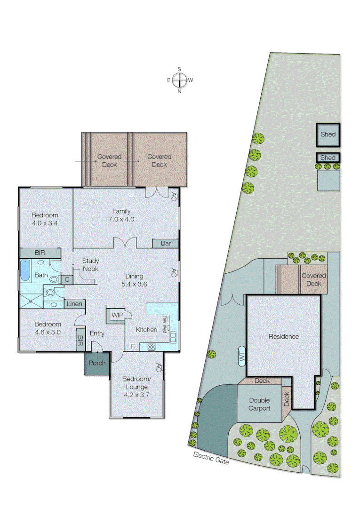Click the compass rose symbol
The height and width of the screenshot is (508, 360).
tap(179, 80)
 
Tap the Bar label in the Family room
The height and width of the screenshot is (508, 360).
tap(166, 243)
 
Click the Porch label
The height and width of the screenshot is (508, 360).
tap(97, 363)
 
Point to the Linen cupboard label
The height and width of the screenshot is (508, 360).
tap(74, 304)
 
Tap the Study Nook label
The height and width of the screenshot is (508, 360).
tap(90, 264)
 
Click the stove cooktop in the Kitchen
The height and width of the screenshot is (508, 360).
tap(152, 347)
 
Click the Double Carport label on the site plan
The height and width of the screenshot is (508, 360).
tap(260, 404)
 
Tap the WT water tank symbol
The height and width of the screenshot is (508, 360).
tap(242, 357)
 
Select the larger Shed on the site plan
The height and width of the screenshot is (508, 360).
tap(328, 134)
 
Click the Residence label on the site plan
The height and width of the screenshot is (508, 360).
tap(284, 336)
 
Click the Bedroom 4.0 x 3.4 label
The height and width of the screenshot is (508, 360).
tap(45, 219)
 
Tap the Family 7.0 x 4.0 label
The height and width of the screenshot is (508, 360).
tap(121, 215)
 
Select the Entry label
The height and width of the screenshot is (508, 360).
tap(96, 333)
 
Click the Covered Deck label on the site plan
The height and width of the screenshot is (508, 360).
tap(314, 279)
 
